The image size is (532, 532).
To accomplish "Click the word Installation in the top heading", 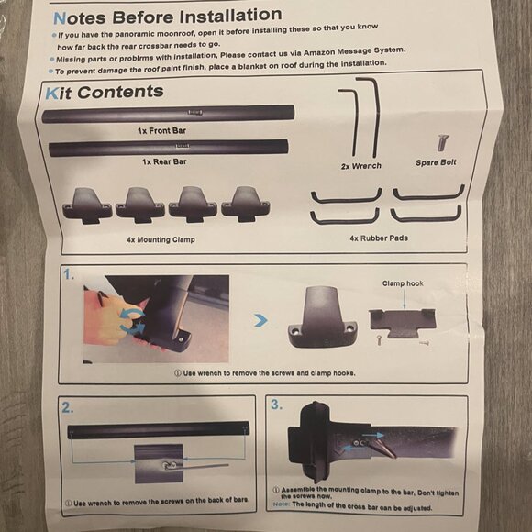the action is click(230, 16).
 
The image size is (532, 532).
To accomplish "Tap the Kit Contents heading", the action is click(105, 93).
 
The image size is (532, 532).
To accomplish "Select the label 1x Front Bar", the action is click(161, 130).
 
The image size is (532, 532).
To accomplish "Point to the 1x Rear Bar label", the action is click(164, 161).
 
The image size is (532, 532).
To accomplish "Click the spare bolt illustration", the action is click(442, 142).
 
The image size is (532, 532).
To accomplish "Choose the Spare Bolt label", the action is click(436, 162).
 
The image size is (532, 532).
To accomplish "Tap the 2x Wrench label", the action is click(361, 166).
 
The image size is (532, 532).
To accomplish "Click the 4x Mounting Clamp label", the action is click(161, 239).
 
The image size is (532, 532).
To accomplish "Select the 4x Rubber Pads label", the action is click(379, 238).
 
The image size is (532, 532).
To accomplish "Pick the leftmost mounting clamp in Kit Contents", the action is click(87, 205).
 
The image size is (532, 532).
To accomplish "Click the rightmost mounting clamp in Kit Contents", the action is click(246, 204).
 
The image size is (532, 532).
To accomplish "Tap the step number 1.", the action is click(68, 274).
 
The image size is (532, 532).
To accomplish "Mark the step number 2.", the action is click(68, 407).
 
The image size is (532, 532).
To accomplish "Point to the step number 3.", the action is click(276, 405).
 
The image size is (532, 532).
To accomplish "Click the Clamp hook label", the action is click(403, 283).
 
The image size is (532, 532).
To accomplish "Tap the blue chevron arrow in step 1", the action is click(260, 320).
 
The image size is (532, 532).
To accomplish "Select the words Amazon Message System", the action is click(354, 52).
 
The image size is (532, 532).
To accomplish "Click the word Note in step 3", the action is click(282, 504).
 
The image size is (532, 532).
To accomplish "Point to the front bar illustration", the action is click(168, 114).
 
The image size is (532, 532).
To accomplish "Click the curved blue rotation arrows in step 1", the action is click(132, 321).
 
